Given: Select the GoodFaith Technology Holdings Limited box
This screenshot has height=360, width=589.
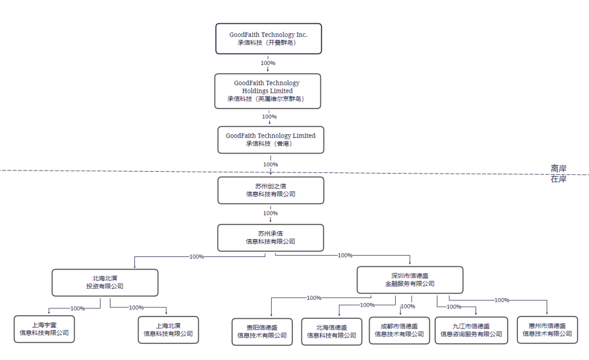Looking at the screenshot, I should [x=268, y=91].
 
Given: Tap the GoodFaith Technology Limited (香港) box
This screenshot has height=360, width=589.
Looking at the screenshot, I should [x=271, y=140].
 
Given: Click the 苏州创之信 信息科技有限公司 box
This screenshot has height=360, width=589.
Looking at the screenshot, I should [x=271, y=190].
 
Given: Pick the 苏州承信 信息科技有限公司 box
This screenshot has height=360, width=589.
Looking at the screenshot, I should [x=271, y=237].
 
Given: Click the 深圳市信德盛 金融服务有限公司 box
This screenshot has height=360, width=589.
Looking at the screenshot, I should [x=410, y=280].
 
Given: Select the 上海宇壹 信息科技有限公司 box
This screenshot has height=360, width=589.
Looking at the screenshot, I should [x=44, y=329].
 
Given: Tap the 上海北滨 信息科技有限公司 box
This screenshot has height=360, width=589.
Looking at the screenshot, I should [x=168, y=329].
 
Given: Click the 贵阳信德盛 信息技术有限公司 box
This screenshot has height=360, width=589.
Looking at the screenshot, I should [x=262, y=331].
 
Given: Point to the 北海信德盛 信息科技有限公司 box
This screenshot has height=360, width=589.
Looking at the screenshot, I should [x=331, y=331].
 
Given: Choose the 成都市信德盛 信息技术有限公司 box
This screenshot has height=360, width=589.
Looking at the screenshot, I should [x=399, y=330].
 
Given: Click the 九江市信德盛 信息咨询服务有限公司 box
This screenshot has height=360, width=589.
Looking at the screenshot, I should [x=471, y=330].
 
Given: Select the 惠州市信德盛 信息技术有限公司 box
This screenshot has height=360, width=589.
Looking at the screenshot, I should [x=547, y=330].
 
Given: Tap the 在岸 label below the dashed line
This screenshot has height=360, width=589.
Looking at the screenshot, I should [x=558, y=178].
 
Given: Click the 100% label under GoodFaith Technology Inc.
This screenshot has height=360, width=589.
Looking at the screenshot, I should [x=268, y=63].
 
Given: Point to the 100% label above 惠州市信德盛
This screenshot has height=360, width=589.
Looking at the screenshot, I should [x=502, y=300].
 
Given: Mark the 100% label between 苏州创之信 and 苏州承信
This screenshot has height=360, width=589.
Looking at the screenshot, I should [x=271, y=213].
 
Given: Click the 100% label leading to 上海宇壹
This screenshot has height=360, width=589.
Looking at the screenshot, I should [x=78, y=308].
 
